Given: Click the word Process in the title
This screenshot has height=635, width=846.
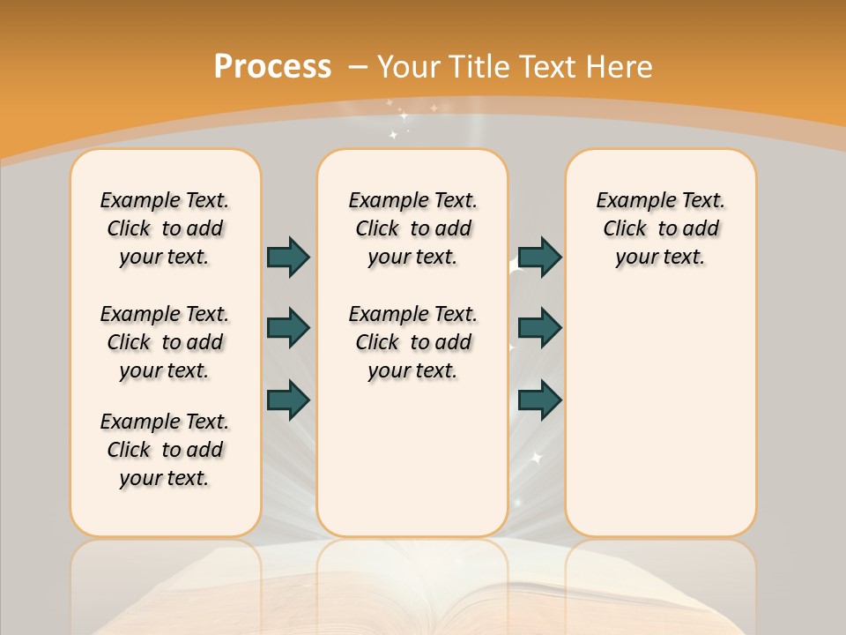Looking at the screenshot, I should tap(272, 66).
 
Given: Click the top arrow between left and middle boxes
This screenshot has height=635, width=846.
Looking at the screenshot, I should tap(288, 257).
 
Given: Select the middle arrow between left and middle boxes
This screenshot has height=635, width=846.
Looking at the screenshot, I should tap(288, 328).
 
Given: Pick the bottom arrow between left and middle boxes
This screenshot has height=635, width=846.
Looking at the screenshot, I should tap(288, 400).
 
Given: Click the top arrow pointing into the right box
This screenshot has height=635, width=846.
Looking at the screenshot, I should tap(539, 257).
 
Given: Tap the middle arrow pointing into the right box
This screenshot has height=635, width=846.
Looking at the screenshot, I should tap(539, 328).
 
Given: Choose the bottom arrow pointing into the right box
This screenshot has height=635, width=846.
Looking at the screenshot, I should tap(539, 400).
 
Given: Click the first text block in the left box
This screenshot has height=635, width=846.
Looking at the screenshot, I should tap(165, 228).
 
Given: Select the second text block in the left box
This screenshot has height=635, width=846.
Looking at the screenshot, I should tap(165, 342).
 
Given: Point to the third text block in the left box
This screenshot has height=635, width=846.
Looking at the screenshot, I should tap(165, 450).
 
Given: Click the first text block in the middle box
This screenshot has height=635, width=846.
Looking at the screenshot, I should tap(413, 228).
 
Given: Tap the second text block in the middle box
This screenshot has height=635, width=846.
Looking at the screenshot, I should tap(413, 342).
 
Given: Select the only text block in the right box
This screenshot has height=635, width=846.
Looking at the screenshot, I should tap(661, 228).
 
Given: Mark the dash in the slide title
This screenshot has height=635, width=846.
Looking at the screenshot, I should tap(358, 66).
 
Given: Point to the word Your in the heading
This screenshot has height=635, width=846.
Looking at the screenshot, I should tap(409, 66).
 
